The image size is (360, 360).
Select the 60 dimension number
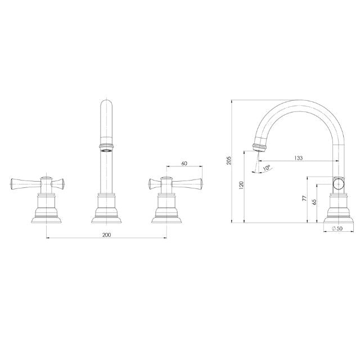[x=184, y=164]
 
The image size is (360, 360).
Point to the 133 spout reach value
[x=298, y=158]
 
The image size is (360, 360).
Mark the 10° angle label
[x=266, y=168]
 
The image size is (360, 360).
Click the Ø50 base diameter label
[x=338, y=228]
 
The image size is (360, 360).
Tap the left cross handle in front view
[x=38, y=183]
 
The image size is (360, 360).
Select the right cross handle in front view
[x=175, y=183]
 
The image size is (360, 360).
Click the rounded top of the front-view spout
[x=106, y=103]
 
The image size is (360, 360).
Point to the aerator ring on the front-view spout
[x=106, y=148]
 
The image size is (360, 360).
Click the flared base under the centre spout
[x=106, y=215]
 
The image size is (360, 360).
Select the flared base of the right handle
[x=166, y=215]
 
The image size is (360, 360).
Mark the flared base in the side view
[x=339, y=215]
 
